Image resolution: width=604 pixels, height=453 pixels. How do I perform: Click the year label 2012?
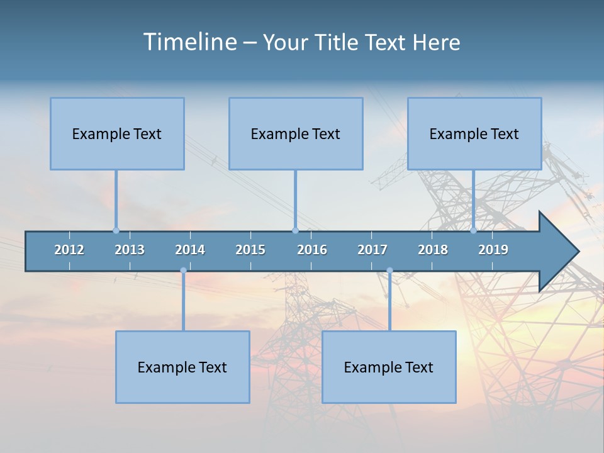coord(69,250)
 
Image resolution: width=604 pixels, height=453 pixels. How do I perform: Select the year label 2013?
coord(130,250)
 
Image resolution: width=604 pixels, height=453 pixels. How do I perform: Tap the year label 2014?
coord(190,250)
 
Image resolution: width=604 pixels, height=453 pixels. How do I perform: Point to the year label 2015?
coord(250,250)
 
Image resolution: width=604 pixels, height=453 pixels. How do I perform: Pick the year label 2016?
coord(312,250)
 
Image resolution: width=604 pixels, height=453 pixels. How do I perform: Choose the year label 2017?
coord(372,250)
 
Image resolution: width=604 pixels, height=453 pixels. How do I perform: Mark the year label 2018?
coord(433,250)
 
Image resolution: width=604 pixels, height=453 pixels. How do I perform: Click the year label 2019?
coord(493,250)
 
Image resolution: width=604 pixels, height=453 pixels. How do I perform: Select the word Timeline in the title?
coord(189,42)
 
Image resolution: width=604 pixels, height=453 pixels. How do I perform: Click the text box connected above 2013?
coord(117,133)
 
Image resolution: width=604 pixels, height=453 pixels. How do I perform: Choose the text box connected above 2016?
coord(296,133)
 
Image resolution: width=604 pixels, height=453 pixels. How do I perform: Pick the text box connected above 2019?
coord(474,133)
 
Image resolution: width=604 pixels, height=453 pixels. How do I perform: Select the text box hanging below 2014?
coord(182,367)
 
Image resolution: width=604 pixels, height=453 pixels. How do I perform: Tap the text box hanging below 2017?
coord(389,367)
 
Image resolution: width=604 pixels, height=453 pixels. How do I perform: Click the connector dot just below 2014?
coord(183,271)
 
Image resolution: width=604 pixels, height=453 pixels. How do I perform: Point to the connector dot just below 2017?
coord(389,271)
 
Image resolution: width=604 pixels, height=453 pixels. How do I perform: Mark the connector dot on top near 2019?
coord(474,230)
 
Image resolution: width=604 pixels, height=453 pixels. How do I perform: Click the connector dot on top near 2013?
coord(116,230)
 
